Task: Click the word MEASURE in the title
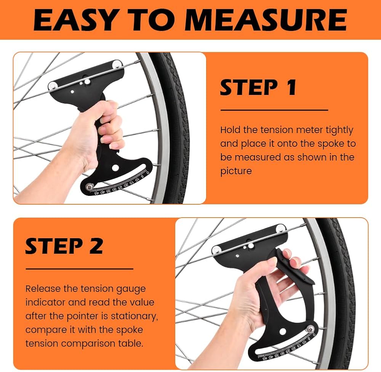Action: (267, 20)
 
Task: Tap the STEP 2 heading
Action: (64, 246)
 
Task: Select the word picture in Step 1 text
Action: (236, 171)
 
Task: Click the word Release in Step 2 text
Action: (43, 289)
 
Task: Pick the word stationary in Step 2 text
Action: (134, 316)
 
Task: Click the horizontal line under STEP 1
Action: (274, 110)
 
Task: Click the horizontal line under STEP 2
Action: (80, 269)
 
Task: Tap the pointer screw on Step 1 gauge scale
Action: (90, 187)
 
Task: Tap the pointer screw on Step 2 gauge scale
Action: (310, 329)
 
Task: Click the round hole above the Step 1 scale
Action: (115, 168)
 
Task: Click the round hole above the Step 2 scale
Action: (283, 331)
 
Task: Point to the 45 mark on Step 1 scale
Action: (97, 193)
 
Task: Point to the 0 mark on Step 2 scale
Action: (314, 335)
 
